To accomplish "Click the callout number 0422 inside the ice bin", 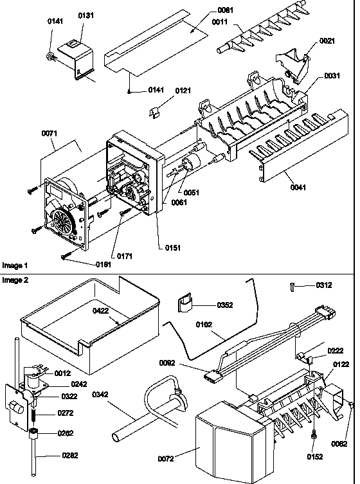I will click(100, 310).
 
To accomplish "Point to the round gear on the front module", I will click(63, 228).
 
